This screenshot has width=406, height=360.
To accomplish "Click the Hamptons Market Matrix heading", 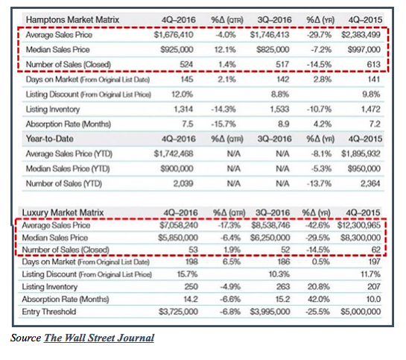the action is click(72, 19).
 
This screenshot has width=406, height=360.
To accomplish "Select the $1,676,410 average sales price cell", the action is click(174, 35).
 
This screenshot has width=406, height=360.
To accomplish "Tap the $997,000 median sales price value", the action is click(364, 49).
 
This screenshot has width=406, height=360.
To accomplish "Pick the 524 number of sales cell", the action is click(186, 64).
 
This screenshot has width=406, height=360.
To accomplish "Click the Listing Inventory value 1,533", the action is click(279, 110).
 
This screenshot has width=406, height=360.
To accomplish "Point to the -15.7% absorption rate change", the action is click(223, 124).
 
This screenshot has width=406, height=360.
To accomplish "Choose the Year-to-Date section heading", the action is click(49, 139).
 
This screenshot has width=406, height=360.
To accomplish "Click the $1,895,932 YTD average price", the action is click(361, 154).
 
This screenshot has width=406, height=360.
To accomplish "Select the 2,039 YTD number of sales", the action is click(183, 183).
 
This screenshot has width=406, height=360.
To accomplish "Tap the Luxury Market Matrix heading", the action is click(63, 212).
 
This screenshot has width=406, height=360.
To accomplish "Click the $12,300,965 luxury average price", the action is click(359, 225).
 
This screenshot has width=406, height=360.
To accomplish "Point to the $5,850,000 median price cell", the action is click(178, 238).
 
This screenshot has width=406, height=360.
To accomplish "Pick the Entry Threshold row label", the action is click(49, 312).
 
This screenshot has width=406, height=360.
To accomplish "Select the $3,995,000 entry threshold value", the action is click(270, 312).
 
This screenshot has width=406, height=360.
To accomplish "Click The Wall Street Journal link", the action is click(99, 338).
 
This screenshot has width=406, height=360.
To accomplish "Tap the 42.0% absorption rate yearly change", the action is click(319, 299).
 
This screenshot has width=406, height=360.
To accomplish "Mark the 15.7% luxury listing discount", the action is click(188, 274).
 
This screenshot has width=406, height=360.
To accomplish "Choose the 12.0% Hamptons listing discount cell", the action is click(183, 94).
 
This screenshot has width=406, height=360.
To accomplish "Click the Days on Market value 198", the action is click(191, 262).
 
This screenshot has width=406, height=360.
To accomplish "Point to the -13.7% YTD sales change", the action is click(319, 183).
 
